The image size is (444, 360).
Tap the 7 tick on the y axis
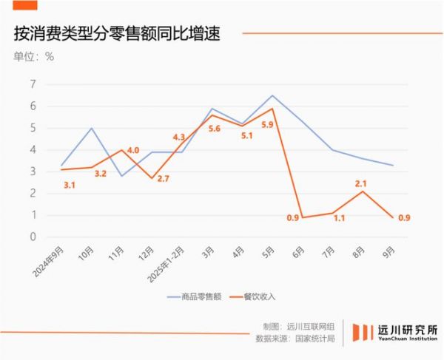click(x=33, y=84)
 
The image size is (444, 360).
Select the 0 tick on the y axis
click(x=33, y=237)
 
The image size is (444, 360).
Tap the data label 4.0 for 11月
click(x=133, y=151)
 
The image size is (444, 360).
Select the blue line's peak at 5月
click(x=272, y=95)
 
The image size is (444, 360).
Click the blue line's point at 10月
click(x=91, y=128)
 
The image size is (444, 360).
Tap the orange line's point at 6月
click(x=303, y=217)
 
